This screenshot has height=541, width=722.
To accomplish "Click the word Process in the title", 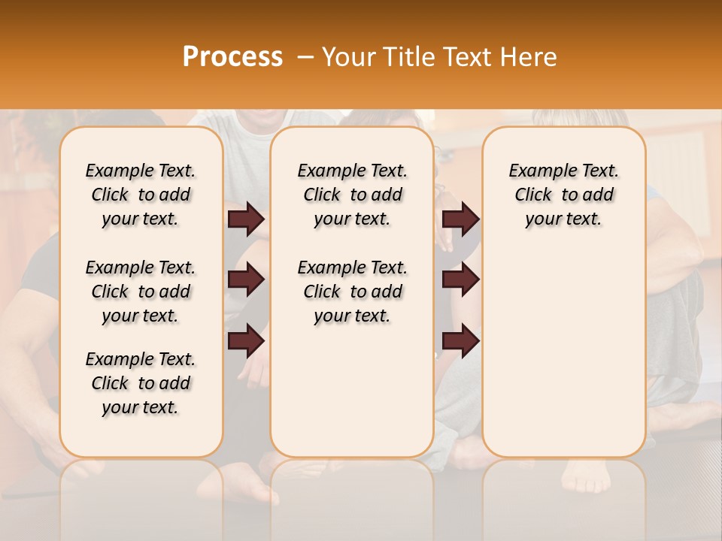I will [x=232, y=57].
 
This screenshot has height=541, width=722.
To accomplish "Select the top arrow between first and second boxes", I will [x=246, y=219].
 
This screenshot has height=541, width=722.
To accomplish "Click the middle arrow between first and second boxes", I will [x=246, y=280].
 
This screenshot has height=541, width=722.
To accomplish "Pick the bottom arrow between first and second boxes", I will [x=246, y=340].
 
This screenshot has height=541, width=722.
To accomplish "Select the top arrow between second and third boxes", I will [x=460, y=219].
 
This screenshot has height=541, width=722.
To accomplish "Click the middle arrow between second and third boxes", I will [x=460, y=280].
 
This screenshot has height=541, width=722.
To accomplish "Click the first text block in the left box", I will [x=141, y=195].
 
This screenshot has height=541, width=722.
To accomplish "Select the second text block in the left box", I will [x=141, y=292].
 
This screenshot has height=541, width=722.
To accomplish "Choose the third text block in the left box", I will [x=141, y=383].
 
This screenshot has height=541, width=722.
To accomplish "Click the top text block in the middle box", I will [x=352, y=195].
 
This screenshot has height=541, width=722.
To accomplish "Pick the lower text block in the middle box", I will [x=352, y=292].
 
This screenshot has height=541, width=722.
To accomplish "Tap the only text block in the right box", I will [x=563, y=195].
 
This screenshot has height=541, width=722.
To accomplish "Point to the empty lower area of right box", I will [x=563, y=346].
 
